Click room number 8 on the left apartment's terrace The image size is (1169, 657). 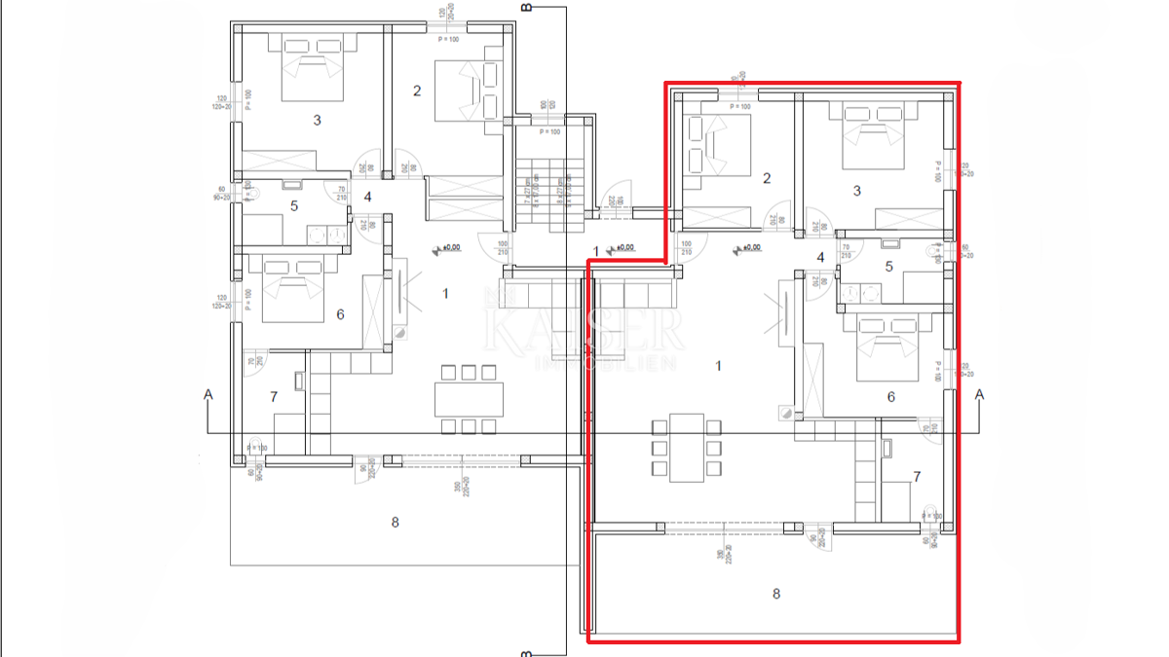395,522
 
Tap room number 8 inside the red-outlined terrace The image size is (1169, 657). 775,594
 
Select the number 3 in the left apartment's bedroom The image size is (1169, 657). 317,121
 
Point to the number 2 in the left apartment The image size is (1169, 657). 417,91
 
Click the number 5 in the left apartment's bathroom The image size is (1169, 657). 293,206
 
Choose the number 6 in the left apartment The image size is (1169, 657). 340,314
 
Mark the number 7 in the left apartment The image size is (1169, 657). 274,396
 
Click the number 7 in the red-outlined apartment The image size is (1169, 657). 916,477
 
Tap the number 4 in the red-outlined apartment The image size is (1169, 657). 820,258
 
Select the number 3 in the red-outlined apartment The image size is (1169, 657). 857,191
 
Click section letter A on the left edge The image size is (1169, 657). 207,394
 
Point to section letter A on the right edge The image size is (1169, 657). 980,394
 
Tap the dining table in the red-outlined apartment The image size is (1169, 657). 687,446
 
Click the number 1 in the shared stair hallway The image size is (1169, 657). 596,251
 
